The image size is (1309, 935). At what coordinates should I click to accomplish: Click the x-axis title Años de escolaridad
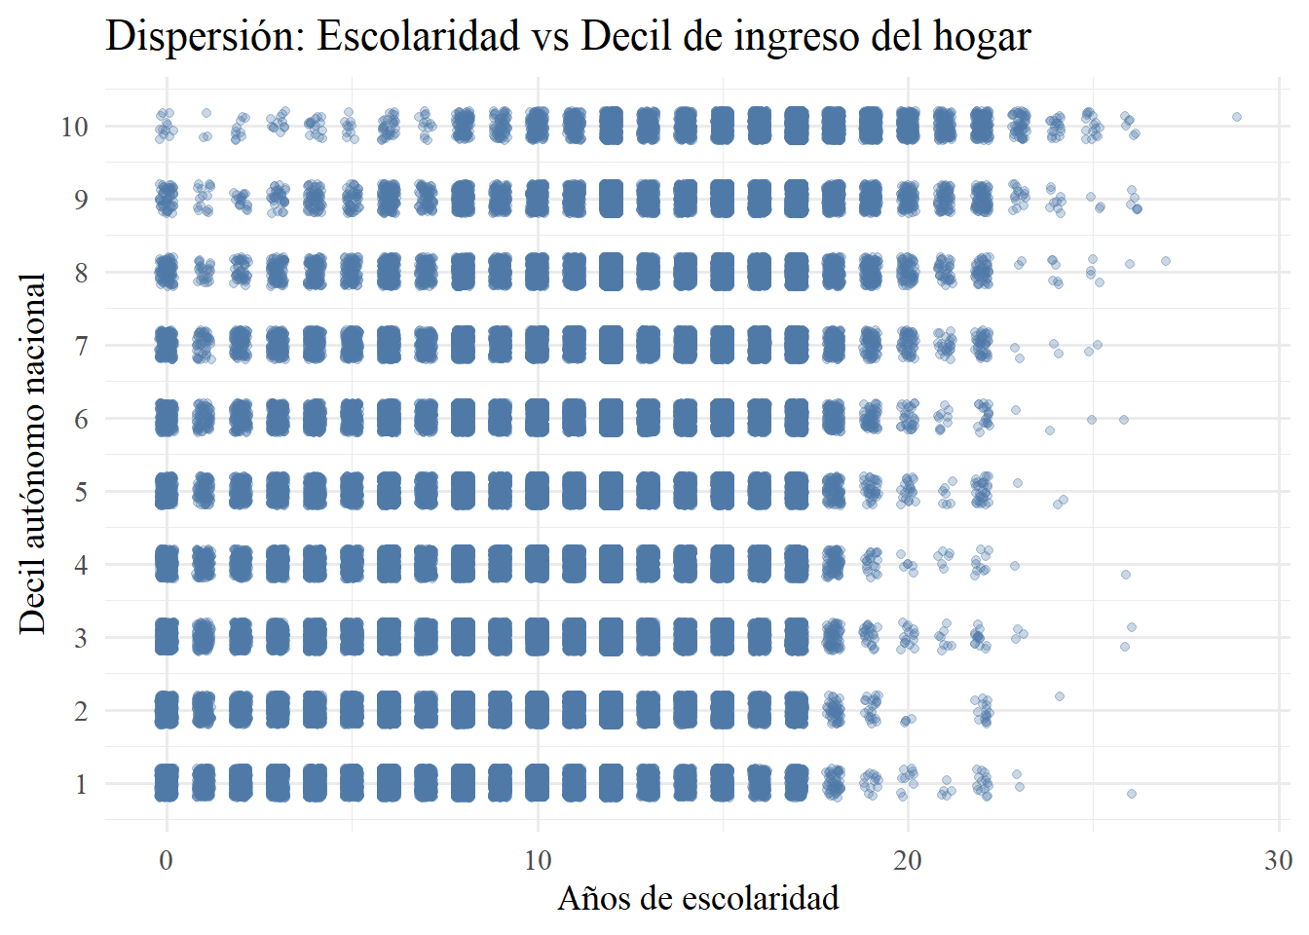click(697, 898)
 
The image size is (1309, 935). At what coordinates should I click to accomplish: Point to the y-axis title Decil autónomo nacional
click(33, 454)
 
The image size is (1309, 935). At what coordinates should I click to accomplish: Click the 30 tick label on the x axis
click(1278, 861)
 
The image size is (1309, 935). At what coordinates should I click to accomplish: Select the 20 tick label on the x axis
click(908, 861)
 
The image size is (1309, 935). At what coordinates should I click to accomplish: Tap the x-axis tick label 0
click(167, 861)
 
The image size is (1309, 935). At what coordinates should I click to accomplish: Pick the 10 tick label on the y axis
click(75, 127)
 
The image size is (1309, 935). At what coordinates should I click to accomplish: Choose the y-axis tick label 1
click(81, 784)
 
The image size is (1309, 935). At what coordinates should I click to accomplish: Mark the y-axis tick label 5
click(81, 492)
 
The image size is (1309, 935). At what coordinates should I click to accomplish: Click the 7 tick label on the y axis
click(81, 346)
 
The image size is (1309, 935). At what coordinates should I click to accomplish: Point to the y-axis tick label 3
click(81, 638)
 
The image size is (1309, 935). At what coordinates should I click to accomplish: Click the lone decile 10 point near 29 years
click(1237, 117)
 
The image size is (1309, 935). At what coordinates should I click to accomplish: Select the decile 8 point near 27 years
click(1166, 261)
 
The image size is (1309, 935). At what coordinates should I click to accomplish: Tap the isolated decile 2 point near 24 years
click(1060, 696)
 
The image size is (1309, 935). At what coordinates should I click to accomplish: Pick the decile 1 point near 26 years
click(1132, 794)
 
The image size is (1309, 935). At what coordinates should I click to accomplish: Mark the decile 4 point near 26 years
click(1126, 575)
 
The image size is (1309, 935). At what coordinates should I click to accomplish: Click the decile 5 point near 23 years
click(1018, 483)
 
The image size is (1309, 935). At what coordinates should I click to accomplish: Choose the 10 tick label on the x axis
click(538, 861)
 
